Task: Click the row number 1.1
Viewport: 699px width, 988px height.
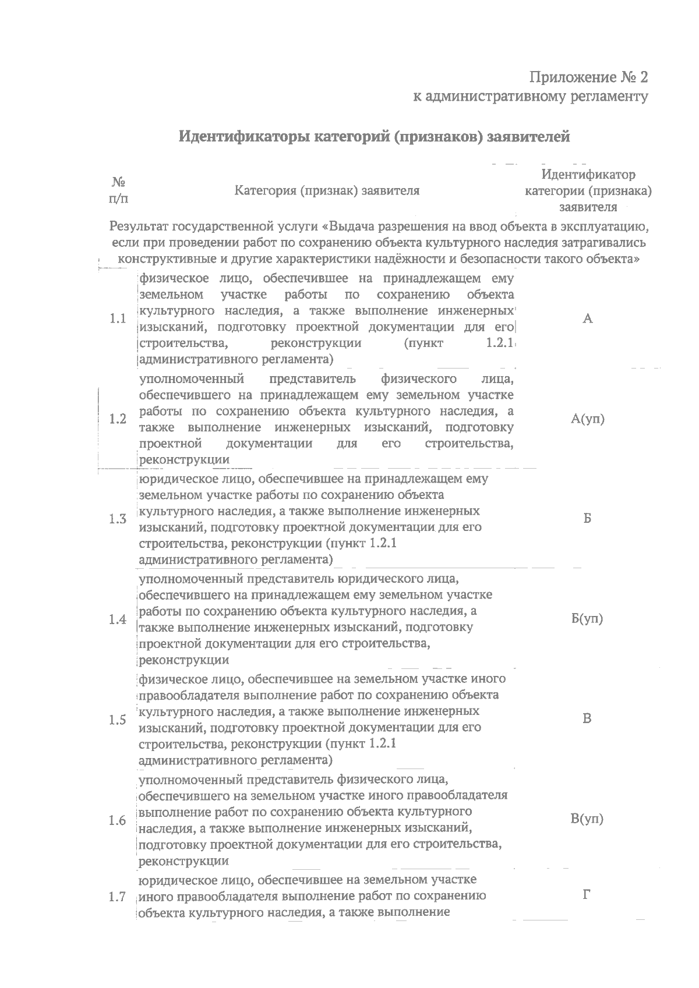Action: point(118,319)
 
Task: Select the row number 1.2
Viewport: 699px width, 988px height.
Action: point(118,419)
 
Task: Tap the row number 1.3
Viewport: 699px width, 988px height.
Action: point(118,519)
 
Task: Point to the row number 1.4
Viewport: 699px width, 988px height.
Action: point(118,619)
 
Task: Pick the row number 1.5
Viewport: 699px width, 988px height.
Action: point(118,720)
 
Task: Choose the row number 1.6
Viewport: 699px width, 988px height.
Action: point(118,820)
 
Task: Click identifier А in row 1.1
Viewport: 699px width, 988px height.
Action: point(587,318)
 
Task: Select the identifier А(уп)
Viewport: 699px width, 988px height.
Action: point(587,419)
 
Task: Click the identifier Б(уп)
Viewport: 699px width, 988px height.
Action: point(587,619)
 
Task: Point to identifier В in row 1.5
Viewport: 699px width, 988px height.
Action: point(587,718)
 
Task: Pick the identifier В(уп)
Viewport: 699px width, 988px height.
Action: point(587,819)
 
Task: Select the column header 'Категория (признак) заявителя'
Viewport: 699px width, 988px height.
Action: point(327,191)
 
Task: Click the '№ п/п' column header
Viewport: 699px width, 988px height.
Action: point(119,190)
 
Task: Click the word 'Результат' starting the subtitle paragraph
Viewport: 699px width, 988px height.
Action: point(139,226)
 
